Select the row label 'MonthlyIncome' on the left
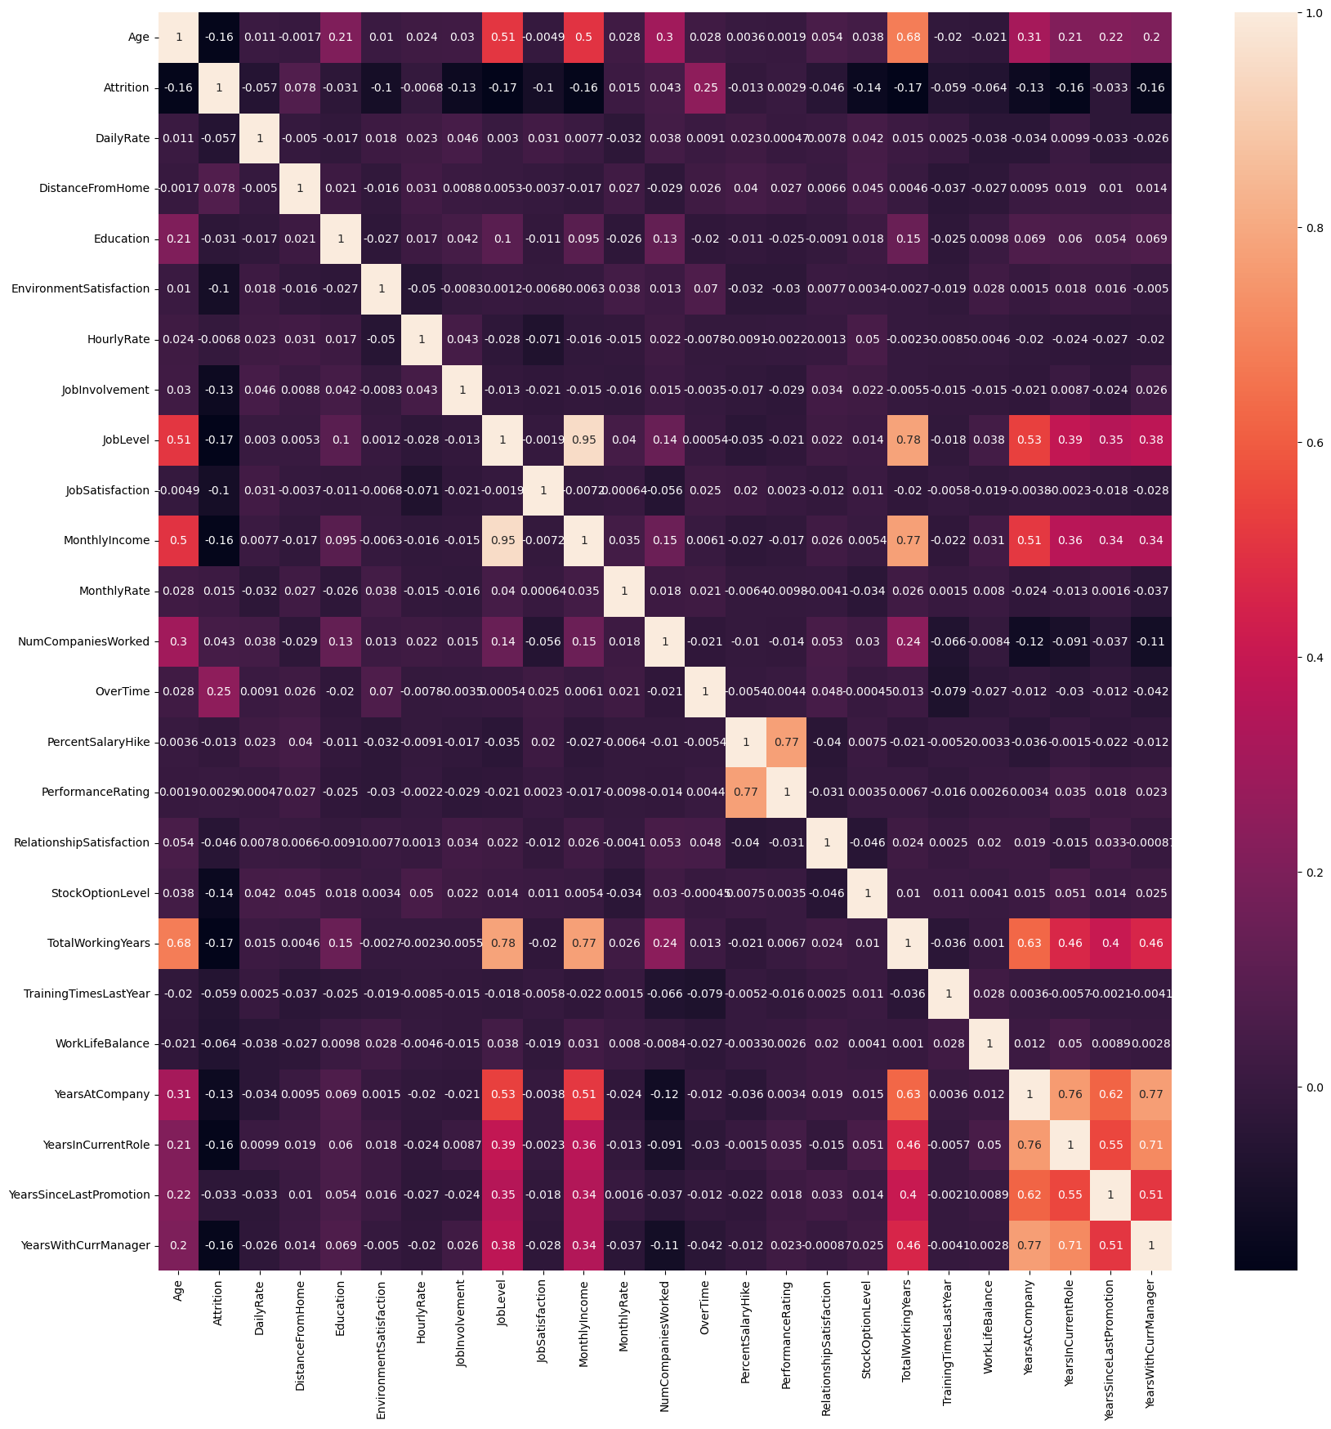106,540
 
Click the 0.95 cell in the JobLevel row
583,440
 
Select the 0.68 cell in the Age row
908,37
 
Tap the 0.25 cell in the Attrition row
705,87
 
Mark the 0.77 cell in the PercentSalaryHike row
786,742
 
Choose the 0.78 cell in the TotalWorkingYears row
502,943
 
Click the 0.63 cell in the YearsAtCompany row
908,1094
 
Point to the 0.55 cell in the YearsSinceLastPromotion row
1070,1195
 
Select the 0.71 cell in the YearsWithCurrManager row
1070,1245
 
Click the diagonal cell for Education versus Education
341,239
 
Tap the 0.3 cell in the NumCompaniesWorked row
178,641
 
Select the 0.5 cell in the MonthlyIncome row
178,540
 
